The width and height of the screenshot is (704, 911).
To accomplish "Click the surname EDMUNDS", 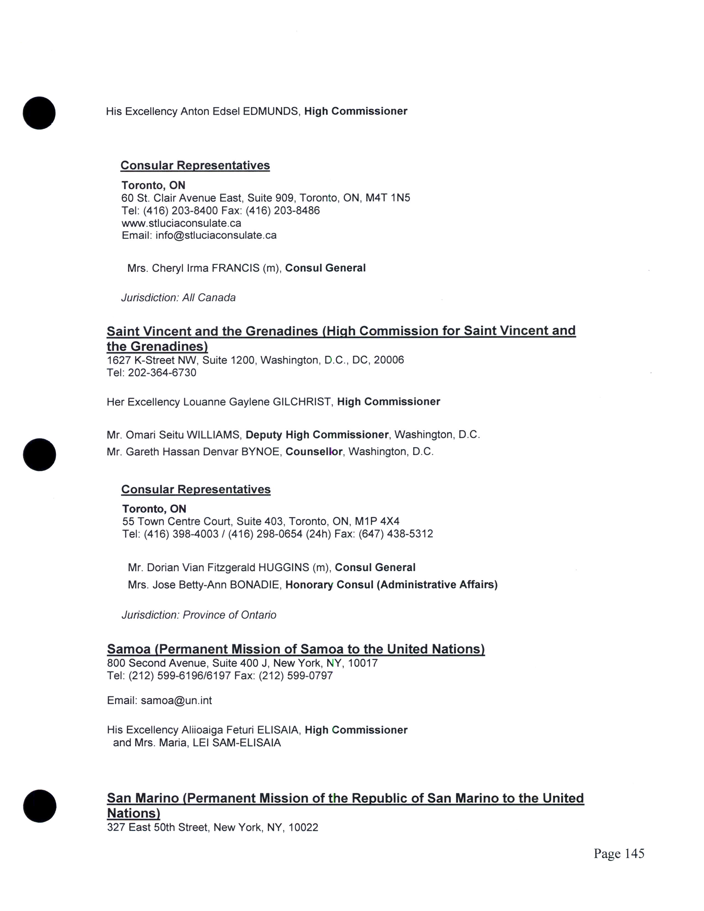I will click(271, 111).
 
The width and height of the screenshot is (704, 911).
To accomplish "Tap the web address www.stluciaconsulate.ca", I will click(181, 223).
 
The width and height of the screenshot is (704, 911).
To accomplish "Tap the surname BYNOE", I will click(260, 452).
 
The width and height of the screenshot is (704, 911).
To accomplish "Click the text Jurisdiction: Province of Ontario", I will click(199, 615).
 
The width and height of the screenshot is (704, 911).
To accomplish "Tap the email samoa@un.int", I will click(176, 700).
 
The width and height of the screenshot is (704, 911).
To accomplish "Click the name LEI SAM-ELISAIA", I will click(237, 743).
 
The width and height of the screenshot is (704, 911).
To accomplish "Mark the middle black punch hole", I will click(40, 455).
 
